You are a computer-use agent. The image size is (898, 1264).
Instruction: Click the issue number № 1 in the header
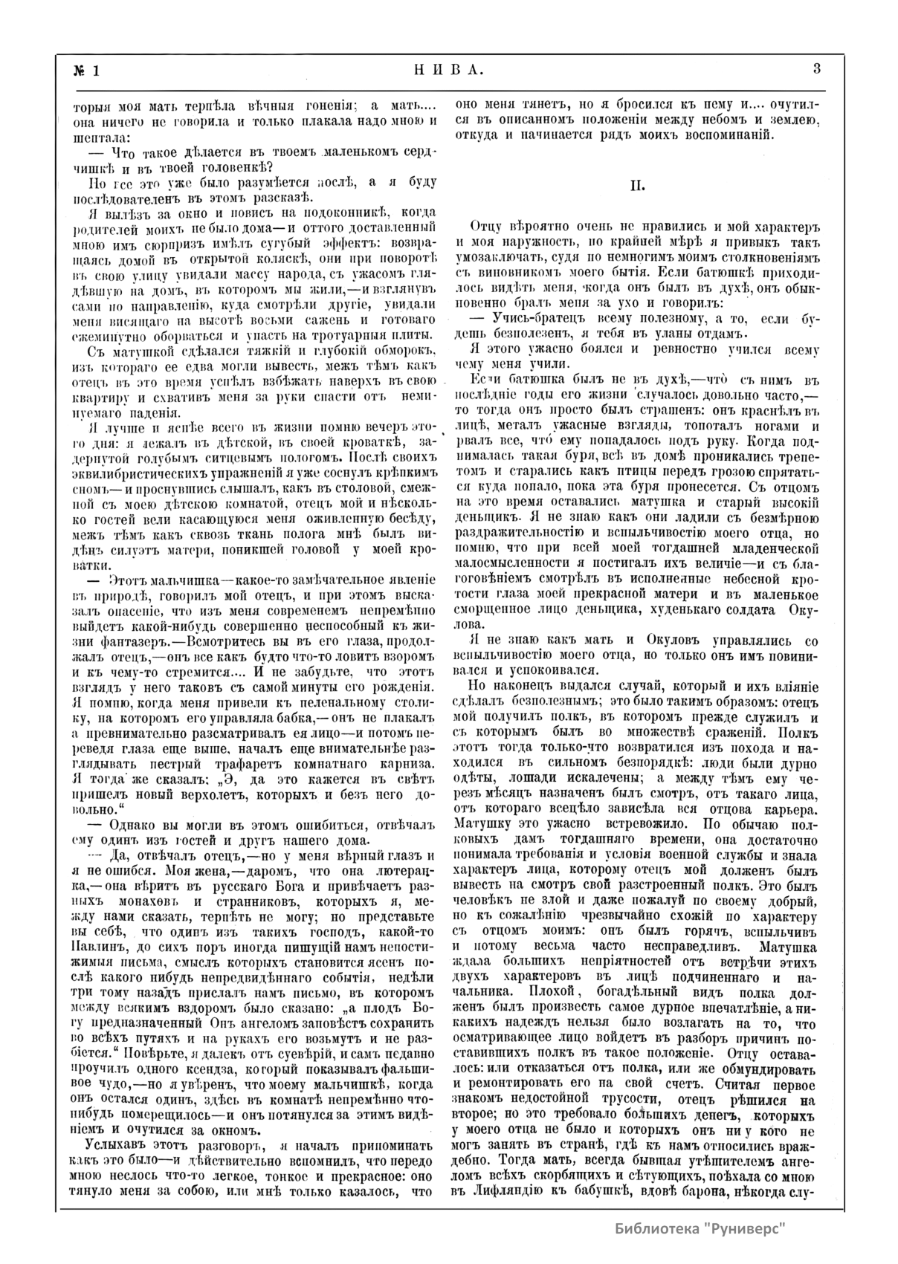(86, 71)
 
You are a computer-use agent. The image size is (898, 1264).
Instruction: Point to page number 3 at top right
(816, 69)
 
